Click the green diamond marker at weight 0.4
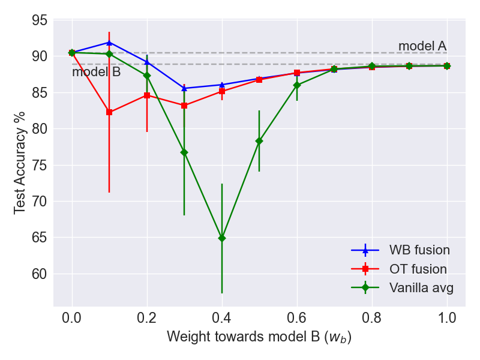[x=222, y=238]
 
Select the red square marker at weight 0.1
[x=109, y=112]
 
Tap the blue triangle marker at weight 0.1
[x=109, y=43]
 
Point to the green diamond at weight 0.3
[x=184, y=152]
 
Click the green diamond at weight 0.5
[x=259, y=141]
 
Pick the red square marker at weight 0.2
[x=147, y=95]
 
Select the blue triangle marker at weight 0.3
[x=184, y=88]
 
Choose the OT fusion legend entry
[x=400, y=269]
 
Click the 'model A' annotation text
[x=422, y=47]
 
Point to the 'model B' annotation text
[x=96, y=73]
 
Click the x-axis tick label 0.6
[x=296, y=318]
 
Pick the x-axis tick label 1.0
[x=446, y=318]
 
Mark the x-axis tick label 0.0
[x=72, y=318]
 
